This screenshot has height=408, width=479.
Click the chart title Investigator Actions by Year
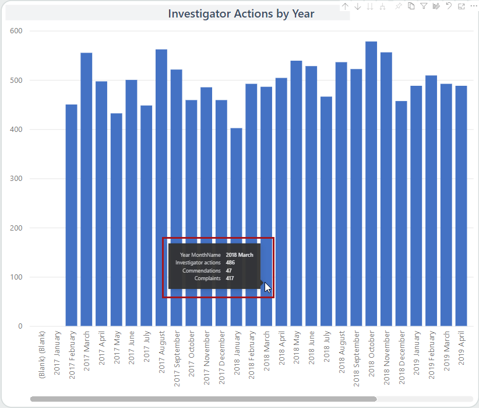pos(241,13)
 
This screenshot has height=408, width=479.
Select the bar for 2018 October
pos(371,184)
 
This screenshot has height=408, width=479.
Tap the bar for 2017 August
pos(161,187)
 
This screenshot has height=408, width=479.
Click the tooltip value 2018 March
pos(239,255)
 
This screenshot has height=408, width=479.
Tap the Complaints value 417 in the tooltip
pos(230,278)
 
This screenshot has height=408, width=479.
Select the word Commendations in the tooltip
pos(201,271)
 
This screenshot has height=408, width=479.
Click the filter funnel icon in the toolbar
pos(424,6)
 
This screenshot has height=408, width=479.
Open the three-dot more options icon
pos(473,6)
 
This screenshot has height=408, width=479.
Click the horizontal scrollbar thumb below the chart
pos(203,399)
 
